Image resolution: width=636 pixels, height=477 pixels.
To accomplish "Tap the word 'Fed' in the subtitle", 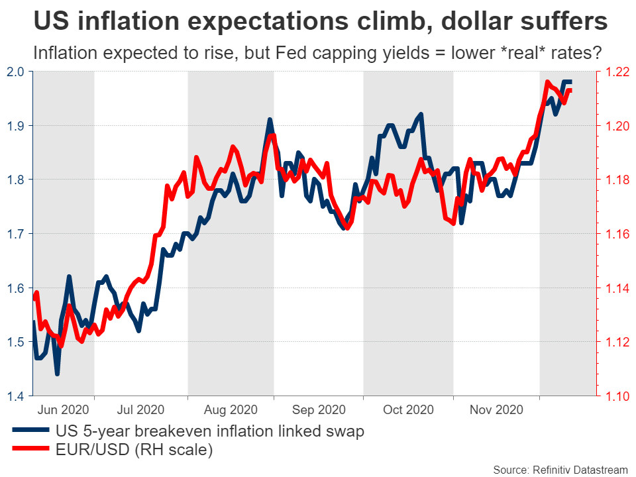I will tap(321, 52).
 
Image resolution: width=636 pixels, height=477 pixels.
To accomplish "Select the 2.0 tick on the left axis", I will tap(15, 72).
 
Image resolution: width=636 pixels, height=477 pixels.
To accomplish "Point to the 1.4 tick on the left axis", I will tap(15, 396).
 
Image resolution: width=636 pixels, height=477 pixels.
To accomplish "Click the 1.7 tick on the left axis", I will tap(15, 234).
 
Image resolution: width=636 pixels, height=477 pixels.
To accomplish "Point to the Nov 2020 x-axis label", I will tap(495, 410).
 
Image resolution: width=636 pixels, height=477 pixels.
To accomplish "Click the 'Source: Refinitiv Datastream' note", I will tap(559, 468).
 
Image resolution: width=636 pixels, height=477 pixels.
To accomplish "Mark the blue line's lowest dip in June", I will tap(58, 374).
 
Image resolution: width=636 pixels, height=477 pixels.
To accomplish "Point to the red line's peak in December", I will tap(547, 82).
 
